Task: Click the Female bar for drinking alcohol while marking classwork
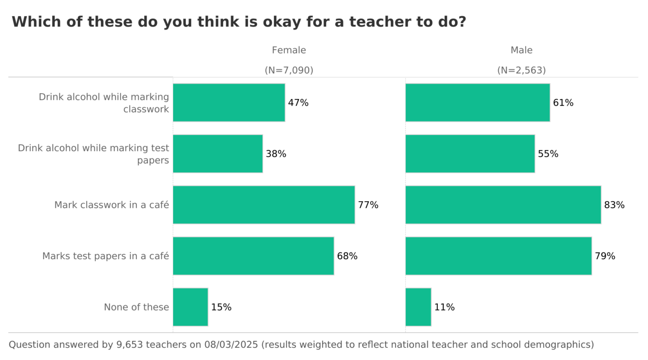[229, 103]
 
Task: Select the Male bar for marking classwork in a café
[503, 205]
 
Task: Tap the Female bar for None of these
[190, 307]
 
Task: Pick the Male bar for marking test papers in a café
[498, 256]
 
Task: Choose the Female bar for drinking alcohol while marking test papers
[217, 153]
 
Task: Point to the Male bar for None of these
[418, 307]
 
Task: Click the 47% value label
[298, 103]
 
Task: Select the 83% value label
[614, 205]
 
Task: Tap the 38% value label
[276, 154]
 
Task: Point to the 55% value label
[548, 154]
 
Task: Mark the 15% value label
[221, 307]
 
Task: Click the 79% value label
[605, 256]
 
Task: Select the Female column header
[289, 50]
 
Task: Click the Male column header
[522, 50]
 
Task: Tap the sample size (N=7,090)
[289, 70]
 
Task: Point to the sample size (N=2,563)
[522, 70]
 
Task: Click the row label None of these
[136, 307]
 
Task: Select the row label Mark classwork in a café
[112, 205]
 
